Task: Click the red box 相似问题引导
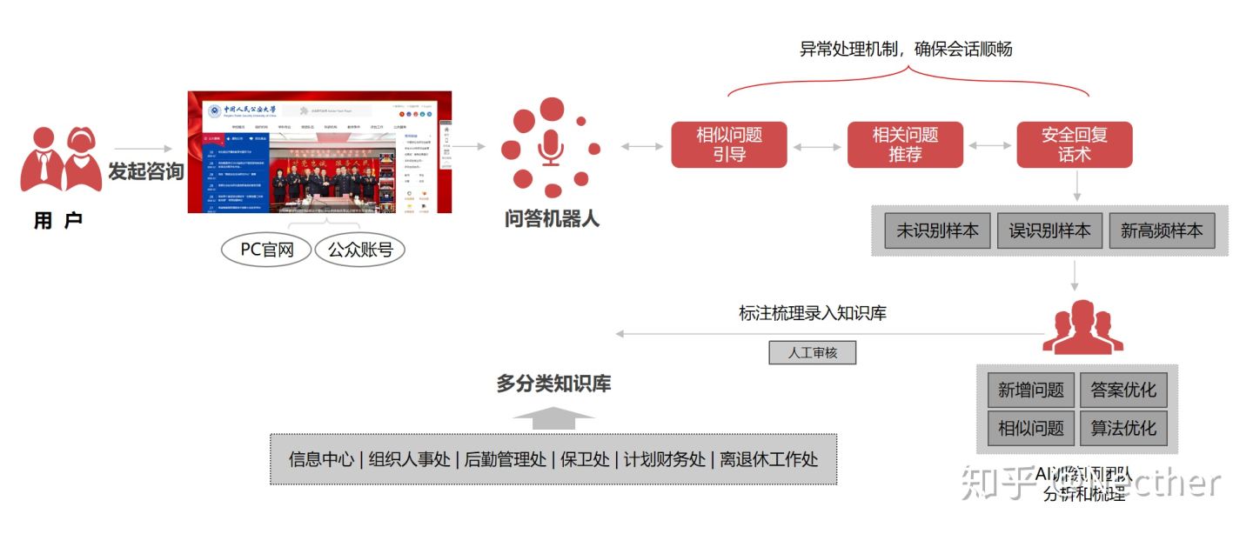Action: tap(728, 144)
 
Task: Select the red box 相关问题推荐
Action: tap(905, 144)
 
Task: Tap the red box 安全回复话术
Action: tap(1075, 144)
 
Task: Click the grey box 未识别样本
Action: tap(937, 230)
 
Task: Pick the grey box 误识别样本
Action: tap(1049, 230)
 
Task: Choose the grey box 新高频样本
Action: tap(1162, 230)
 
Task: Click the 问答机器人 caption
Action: tap(552, 218)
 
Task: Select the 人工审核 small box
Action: tap(812, 352)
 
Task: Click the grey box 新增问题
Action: tap(1030, 390)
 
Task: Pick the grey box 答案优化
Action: tap(1122, 390)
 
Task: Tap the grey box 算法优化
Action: tap(1122, 428)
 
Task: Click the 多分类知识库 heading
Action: tap(553, 383)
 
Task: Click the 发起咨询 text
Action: tap(145, 171)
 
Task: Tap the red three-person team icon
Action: tap(1082, 328)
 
